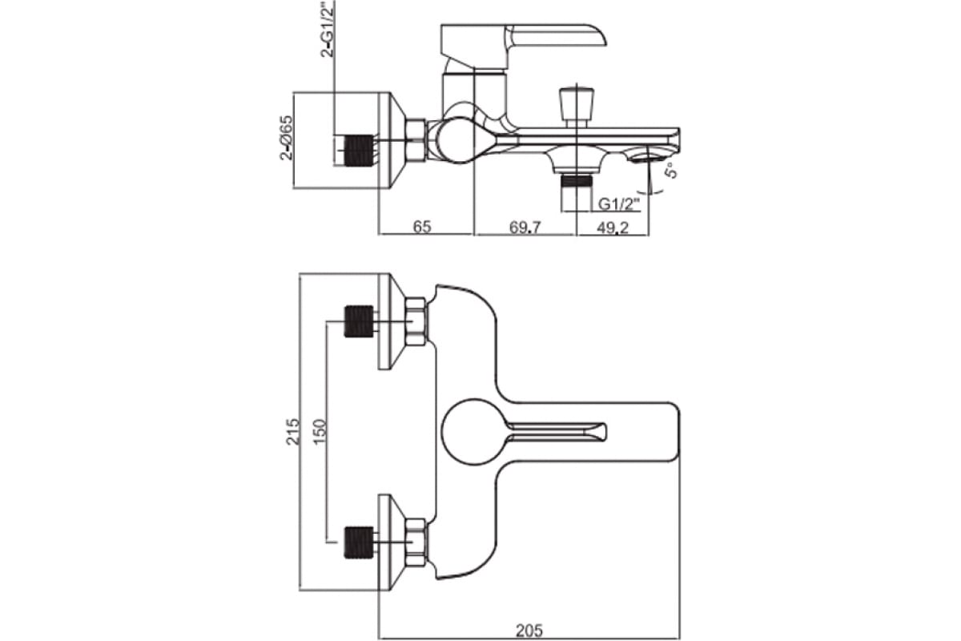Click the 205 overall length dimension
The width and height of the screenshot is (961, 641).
(529, 631)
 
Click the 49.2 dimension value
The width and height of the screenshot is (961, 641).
(613, 227)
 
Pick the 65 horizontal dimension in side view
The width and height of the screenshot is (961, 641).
(422, 227)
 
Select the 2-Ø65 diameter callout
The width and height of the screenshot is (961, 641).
(287, 138)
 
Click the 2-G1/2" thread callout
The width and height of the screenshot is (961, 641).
(326, 30)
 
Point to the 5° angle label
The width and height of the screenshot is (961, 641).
(671, 170)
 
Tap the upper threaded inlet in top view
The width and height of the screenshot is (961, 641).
(358, 321)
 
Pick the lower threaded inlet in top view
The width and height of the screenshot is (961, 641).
(358, 542)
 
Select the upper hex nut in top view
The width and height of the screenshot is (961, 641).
(416, 321)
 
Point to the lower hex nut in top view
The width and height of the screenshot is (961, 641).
(416, 542)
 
